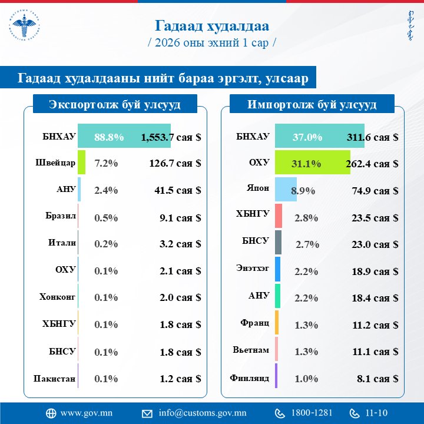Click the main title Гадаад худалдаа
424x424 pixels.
click(x=211, y=25)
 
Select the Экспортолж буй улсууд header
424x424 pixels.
click(x=114, y=105)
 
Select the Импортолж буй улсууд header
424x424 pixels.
click(x=312, y=105)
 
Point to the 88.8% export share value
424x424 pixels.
click(x=109, y=137)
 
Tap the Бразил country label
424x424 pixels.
click(x=61, y=217)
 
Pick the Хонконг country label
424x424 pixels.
click(x=58, y=298)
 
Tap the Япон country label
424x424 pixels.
click(x=258, y=190)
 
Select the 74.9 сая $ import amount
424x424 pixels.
click(x=372, y=190)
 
